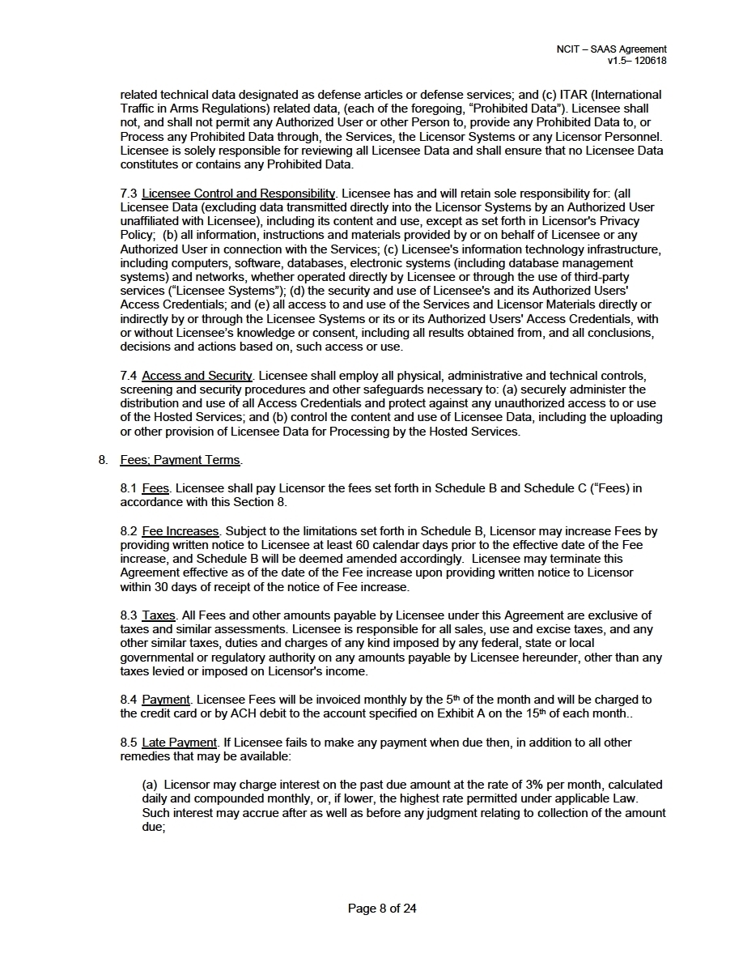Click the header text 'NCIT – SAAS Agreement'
pos(611,49)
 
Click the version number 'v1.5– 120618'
pos(637,61)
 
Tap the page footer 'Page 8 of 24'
pos(382,909)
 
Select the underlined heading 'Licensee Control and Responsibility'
pos(238,194)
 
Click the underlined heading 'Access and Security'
pos(197,376)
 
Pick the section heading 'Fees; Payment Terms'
pos(180,460)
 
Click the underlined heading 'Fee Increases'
pos(180,531)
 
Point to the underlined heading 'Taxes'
pos(159,615)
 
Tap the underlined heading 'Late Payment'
pos(179,743)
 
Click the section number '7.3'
pos(129,194)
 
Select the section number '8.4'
pos(129,700)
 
